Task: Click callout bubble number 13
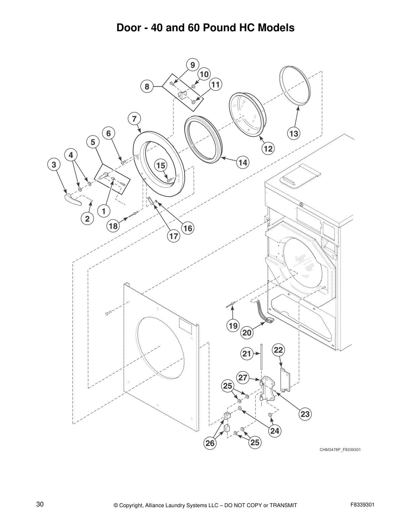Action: pyautogui.click(x=293, y=134)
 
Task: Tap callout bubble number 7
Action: pyautogui.click(x=134, y=119)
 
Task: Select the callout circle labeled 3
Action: pyautogui.click(x=54, y=165)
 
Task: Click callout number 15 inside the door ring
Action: pyautogui.click(x=161, y=165)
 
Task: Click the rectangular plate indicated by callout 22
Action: pyautogui.click(x=285, y=380)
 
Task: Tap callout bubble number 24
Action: pyautogui.click(x=275, y=431)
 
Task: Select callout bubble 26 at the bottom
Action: pyautogui.click(x=210, y=443)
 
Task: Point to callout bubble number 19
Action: pyautogui.click(x=233, y=325)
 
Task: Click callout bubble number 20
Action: pyautogui.click(x=247, y=333)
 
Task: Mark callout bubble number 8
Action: pyautogui.click(x=147, y=87)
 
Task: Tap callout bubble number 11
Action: pyautogui.click(x=216, y=85)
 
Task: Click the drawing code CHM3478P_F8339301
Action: pyautogui.click(x=340, y=450)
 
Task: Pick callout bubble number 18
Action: pyautogui.click(x=113, y=226)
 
